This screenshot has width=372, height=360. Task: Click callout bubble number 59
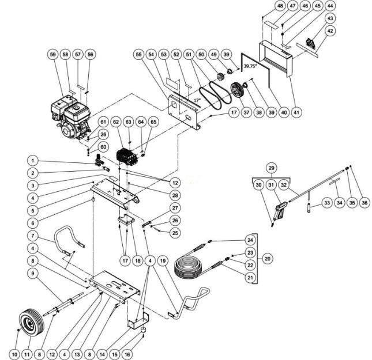point(52,54)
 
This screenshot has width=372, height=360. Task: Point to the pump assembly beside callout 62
point(125,156)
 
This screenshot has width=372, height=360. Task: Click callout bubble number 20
point(268,259)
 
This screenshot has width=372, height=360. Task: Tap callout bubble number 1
point(34,161)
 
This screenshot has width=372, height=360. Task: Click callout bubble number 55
point(138,54)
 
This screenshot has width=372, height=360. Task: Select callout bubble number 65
point(152,122)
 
